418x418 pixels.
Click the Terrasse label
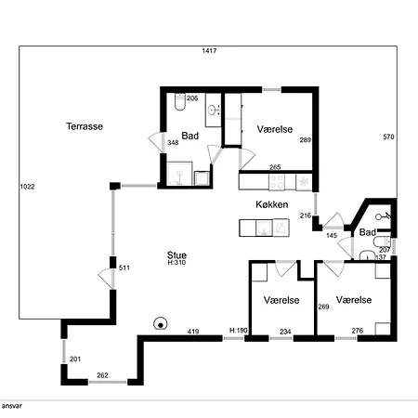[85, 126]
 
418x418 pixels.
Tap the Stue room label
[176, 255]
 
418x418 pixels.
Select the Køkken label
[272, 204]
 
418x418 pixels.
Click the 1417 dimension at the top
[209, 51]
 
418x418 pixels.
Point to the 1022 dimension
[27, 187]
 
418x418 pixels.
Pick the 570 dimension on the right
[388, 137]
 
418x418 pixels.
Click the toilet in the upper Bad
[179, 101]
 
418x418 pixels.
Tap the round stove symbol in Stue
[161, 324]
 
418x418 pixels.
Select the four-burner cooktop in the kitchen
[277, 182]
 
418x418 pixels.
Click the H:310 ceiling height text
[176, 263]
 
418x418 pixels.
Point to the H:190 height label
[239, 331]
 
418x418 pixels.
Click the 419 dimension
[193, 332]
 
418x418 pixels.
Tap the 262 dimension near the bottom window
[102, 375]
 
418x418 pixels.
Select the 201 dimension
[75, 359]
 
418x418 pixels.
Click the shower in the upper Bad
[179, 174]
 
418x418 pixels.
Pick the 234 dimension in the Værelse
[285, 332]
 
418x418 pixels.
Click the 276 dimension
[358, 331]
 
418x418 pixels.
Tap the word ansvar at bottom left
[12, 406]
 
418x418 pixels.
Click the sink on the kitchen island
[264, 228]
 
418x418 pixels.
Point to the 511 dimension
[124, 268]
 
